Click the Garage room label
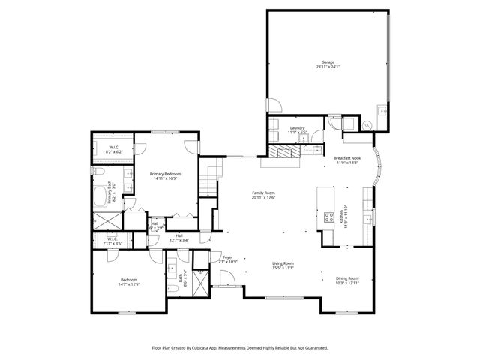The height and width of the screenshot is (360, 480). click(x=328, y=62)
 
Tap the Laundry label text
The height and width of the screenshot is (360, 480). click(x=297, y=128)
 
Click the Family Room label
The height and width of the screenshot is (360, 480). click(x=264, y=193)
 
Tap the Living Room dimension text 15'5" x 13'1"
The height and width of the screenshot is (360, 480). click(x=283, y=268)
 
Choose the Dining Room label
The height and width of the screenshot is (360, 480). click(x=346, y=278)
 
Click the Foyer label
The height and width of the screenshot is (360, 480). click(x=227, y=257)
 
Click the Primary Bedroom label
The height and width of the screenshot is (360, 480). click(x=165, y=174)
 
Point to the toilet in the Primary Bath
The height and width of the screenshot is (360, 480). click(x=98, y=173)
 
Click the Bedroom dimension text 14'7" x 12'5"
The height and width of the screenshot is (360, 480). click(x=129, y=284)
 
